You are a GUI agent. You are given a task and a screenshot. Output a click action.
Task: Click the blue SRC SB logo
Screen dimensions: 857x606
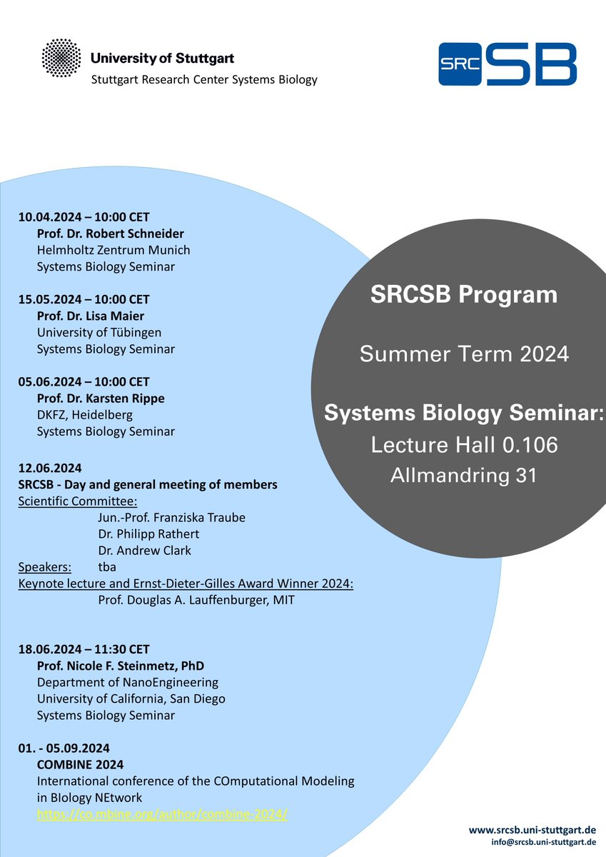coord(507,64)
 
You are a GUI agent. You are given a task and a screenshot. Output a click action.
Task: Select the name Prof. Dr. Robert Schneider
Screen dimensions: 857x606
coord(111,234)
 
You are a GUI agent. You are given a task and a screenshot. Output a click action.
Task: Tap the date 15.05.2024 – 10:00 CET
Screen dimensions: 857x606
coord(84,299)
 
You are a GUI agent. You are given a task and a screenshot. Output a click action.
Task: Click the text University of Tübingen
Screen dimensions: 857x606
coord(99,332)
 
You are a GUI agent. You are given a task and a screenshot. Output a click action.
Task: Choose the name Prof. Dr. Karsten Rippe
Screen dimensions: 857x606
coord(101,398)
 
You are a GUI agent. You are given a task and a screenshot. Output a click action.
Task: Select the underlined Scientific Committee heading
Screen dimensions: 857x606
coord(78,501)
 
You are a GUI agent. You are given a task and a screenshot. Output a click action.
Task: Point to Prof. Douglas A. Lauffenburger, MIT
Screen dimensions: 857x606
coord(196,600)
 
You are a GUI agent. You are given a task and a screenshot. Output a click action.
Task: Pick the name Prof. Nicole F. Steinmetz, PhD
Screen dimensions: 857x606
coord(121,666)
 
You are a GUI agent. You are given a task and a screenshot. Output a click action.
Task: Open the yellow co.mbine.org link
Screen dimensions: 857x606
coord(162,814)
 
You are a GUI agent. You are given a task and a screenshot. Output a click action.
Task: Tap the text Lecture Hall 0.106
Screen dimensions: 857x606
coord(464,445)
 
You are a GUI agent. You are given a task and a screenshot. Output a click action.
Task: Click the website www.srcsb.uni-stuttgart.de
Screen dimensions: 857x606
coord(532,830)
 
